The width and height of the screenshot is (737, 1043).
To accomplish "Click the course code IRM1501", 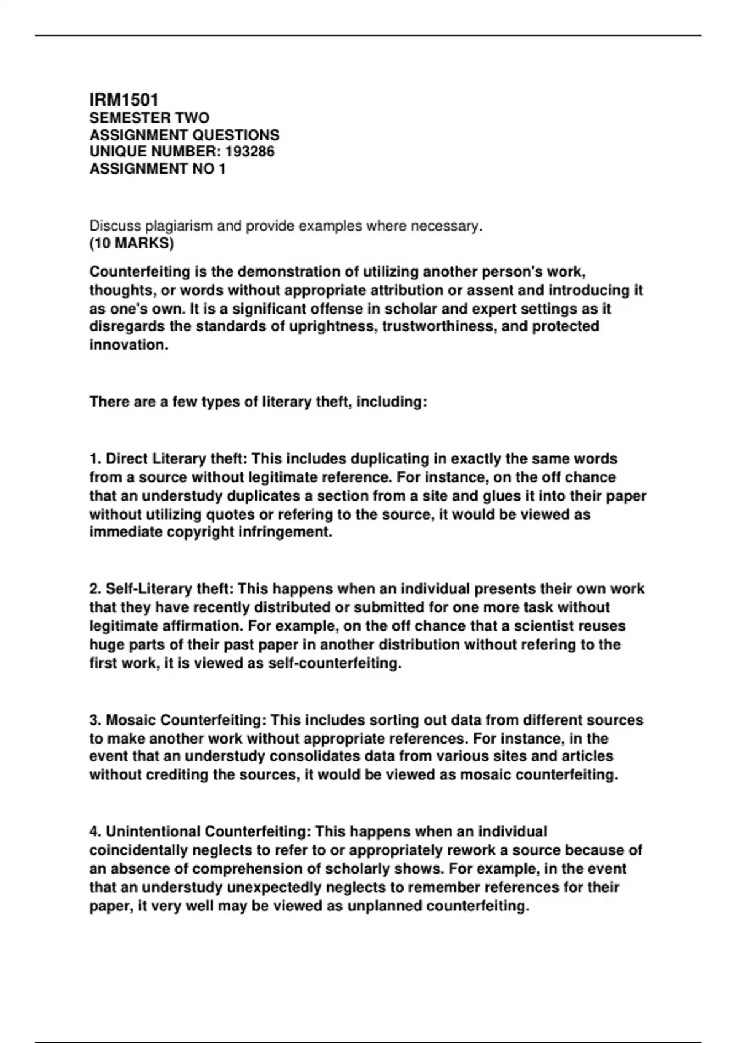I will click(124, 99).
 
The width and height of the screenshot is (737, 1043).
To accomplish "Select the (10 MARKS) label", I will click(131, 243).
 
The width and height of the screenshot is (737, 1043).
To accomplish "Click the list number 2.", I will click(95, 589).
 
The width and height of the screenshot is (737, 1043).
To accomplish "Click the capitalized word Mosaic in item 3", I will click(131, 720).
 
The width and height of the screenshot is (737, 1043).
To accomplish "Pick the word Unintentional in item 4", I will click(153, 831).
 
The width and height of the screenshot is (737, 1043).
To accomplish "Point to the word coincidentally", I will click(139, 850).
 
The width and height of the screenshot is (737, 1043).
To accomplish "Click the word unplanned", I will click(385, 906).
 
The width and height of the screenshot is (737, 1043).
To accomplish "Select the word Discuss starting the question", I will click(113, 226).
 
